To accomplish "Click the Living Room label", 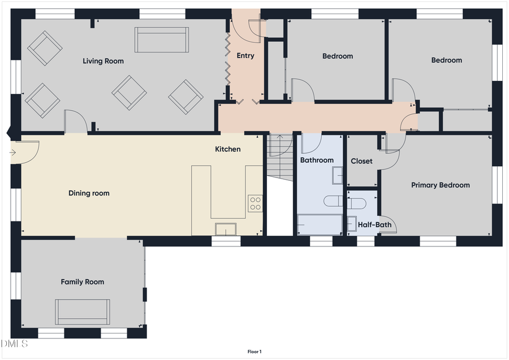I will (x=103, y=61).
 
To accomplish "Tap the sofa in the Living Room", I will (x=161, y=40).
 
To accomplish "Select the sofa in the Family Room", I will (x=83, y=311).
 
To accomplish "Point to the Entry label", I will (x=245, y=55).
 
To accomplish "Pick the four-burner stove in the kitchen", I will (x=255, y=203).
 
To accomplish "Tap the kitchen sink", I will (x=226, y=229).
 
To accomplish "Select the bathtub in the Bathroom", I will (x=320, y=224).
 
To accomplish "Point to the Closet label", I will (x=361, y=161).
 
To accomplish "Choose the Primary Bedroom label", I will (x=440, y=185).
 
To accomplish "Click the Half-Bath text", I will (x=374, y=224).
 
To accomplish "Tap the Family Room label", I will (x=83, y=281).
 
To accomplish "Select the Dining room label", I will (x=89, y=193).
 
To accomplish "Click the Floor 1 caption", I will (x=255, y=352).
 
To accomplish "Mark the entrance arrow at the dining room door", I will (x=13, y=152).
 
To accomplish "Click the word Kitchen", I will (x=227, y=149).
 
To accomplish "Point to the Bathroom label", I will (x=317, y=160).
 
